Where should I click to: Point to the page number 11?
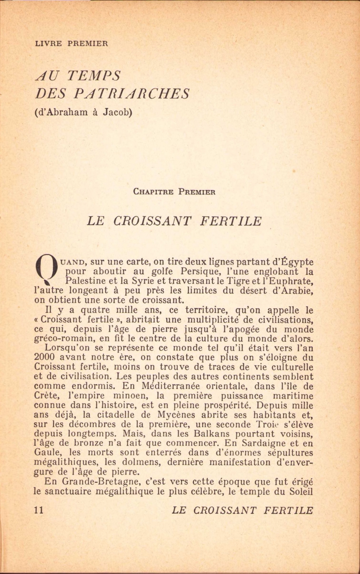(x=39, y=510)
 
